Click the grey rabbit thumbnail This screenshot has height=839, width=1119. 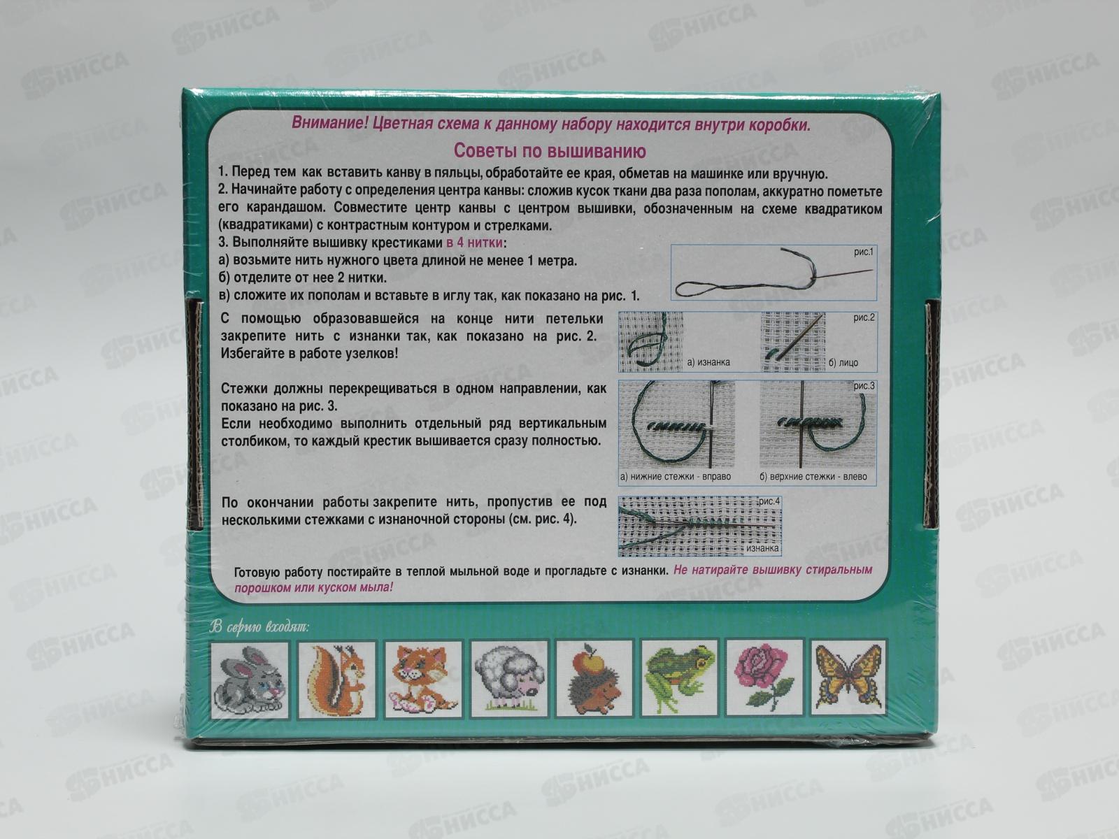[x=249, y=680]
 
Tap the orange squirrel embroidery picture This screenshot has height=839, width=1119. [x=337, y=680]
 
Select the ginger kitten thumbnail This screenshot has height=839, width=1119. [x=423, y=680]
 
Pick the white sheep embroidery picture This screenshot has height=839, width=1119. [x=508, y=680]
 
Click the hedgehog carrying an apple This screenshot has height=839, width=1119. [x=594, y=680]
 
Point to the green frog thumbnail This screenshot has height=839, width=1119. [x=679, y=678]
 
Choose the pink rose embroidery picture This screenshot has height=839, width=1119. [x=764, y=677]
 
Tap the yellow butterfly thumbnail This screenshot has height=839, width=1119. [x=848, y=677]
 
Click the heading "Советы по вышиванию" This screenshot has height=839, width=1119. [x=550, y=151]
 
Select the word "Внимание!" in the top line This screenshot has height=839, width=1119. [x=329, y=123]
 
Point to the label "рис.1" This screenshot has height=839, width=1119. [x=864, y=252]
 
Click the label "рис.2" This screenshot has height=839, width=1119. [x=864, y=318]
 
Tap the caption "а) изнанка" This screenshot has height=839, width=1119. [x=708, y=362]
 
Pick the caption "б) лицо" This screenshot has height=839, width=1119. [x=843, y=363]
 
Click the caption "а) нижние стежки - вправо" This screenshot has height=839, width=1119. [x=676, y=477]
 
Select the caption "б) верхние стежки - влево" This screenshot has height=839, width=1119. [x=813, y=477]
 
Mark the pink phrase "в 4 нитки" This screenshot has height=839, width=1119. [x=475, y=243]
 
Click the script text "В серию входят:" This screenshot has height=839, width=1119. [x=259, y=627]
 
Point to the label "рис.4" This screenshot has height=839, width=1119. [x=769, y=501]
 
